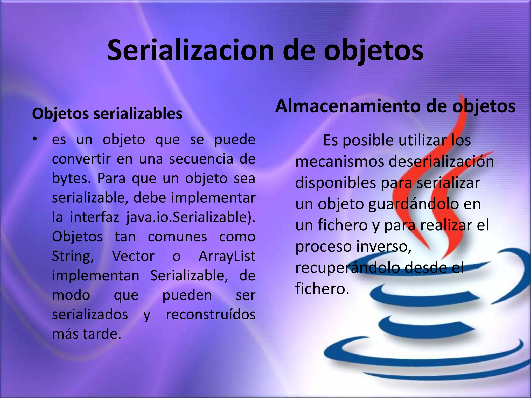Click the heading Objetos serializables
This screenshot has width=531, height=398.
(107, 113)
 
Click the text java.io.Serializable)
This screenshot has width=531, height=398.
(191, 217)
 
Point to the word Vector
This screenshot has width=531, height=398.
(133, 256)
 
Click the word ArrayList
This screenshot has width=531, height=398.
(227, 256)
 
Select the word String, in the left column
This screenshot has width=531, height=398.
(73, 256)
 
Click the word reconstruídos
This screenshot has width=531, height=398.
(211, 314)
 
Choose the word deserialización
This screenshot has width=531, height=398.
(441, 161)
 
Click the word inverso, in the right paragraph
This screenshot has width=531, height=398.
(383, 246)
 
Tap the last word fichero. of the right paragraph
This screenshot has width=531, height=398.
(322, 289)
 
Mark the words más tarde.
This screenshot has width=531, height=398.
(87, 334)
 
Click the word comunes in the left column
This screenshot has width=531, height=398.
(177, 237)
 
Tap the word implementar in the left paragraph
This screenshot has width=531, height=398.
(213, 198)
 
